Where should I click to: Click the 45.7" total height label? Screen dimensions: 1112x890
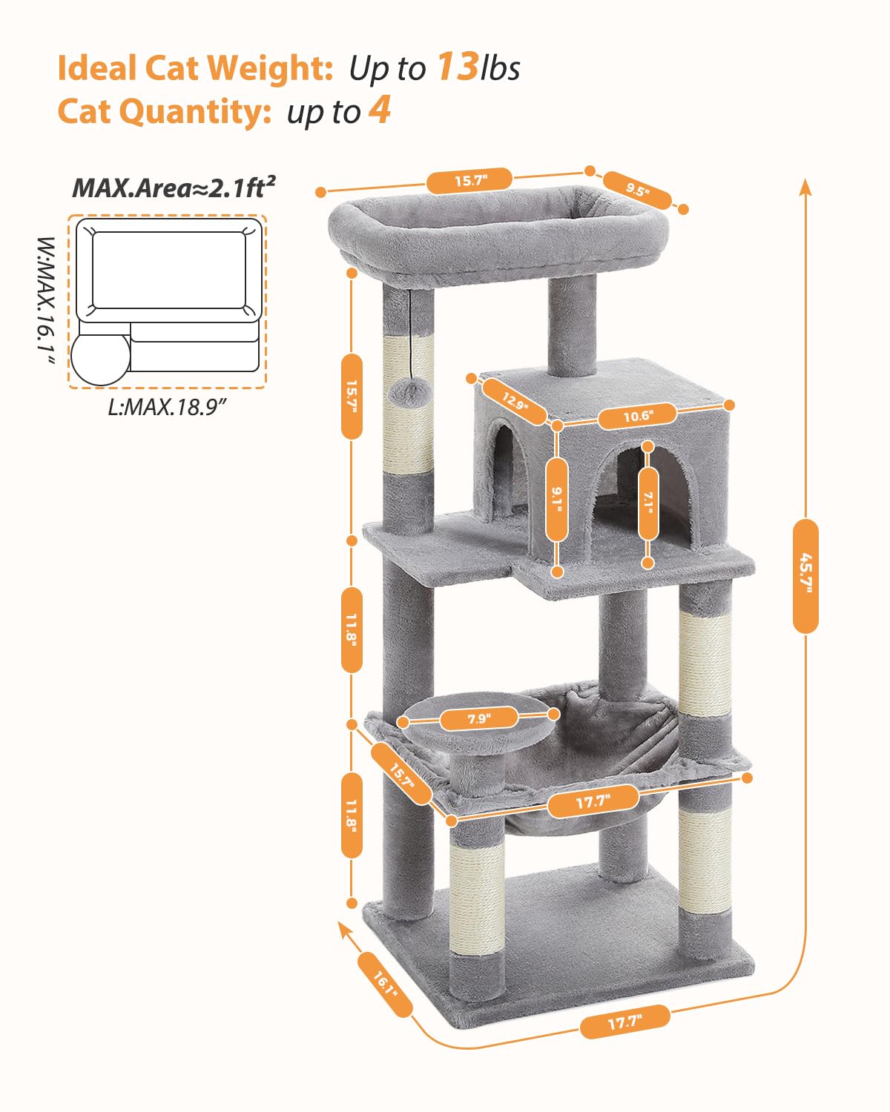tap(805, 575)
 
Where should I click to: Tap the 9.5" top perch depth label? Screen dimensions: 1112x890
tap(637, 190)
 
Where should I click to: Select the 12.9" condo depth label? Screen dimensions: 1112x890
tap(514, 401)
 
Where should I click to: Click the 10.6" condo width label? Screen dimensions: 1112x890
tap(637, 416)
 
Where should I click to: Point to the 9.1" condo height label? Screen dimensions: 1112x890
tap(557, 499)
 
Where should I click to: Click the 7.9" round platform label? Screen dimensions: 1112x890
tap(478, 718)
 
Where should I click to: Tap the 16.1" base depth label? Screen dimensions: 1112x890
tap(385, 983)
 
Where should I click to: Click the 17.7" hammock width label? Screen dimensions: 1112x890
tap(593, 801)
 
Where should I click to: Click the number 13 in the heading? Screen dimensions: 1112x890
tap(456, 66)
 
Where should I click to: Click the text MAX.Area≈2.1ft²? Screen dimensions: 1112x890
tap(174, 188)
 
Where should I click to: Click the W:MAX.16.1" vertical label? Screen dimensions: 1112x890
tap(46, 300)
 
